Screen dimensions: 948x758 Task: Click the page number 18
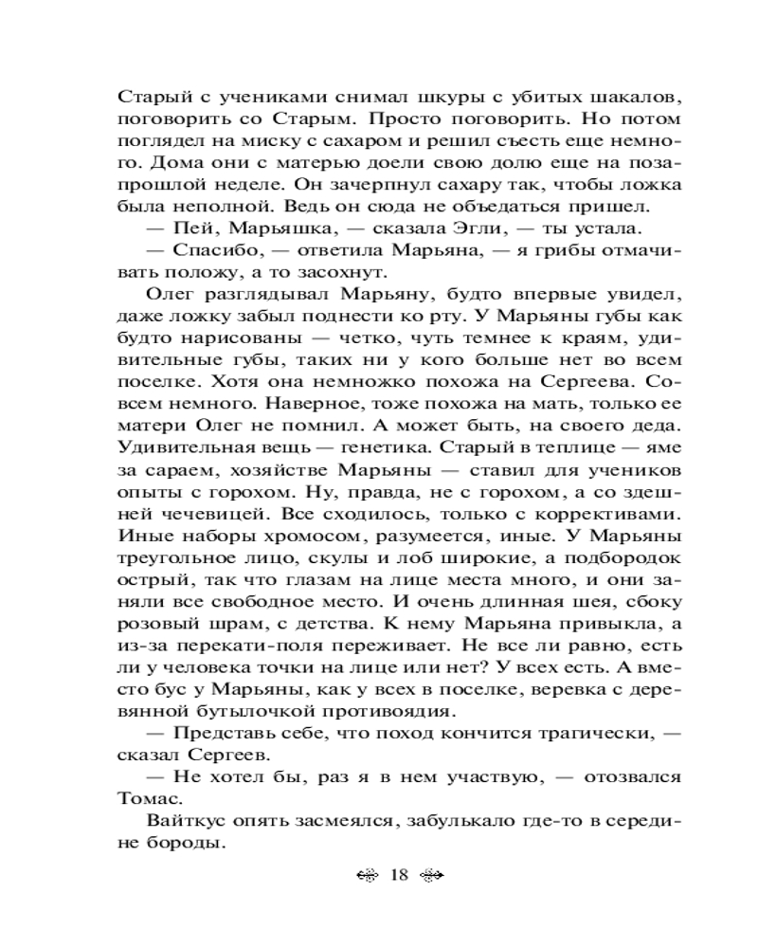398,875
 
